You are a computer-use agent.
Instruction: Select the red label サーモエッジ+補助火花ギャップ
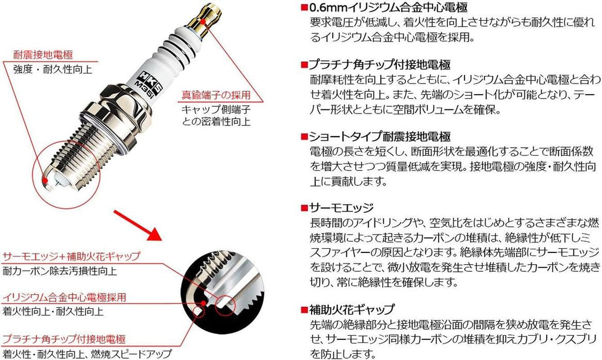(x=71, y=257)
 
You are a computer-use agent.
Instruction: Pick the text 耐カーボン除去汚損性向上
(x=61, y=271)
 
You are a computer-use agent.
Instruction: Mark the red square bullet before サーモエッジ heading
(x=303, y=208)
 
